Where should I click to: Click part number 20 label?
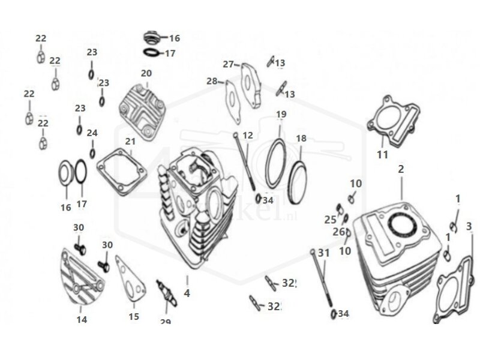tap(146, 73)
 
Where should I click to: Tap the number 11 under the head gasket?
tap(383, 155)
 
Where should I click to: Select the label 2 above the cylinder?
tap(401, 169)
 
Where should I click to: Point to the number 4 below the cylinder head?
tap(187, 294)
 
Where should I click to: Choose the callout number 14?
tap(82, 320)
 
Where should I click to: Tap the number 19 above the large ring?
tap(281, 114)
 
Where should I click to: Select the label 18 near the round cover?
tap(301, 138)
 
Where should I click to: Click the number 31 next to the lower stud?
tap(324, 253)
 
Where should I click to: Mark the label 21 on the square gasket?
tap(130, 141)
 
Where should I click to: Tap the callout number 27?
tap(227, 64)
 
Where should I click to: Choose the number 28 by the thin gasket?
tap(212, 81)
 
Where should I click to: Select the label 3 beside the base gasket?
tap(469, 226)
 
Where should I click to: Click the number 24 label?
tap(92, 133)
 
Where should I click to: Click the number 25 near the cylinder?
tap(331, 220)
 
